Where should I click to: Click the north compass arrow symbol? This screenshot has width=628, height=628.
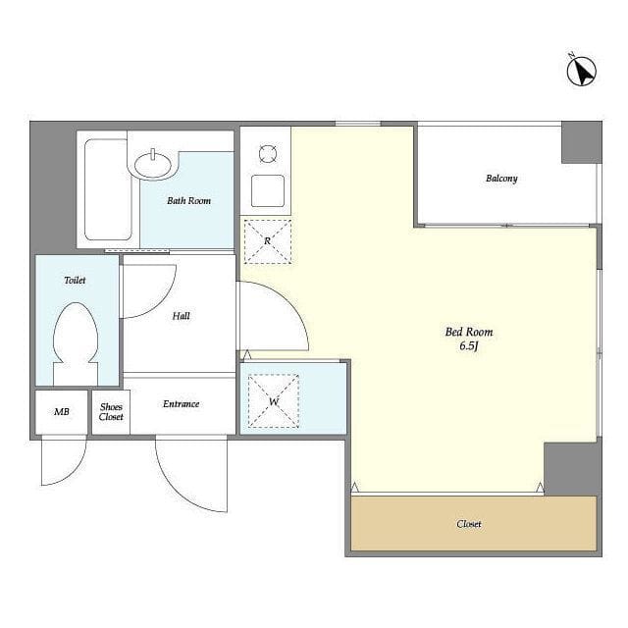(582, 71)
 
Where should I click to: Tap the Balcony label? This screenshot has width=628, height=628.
(501, 179)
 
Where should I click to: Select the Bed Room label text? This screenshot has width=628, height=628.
(469, 332)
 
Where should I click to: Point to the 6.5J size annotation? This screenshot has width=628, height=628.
(469, 346)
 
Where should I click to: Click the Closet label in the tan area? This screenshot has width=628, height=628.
(469, 524)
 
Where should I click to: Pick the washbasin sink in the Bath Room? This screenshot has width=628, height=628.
(153, 165)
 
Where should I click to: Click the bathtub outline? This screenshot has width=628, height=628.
(108, 189)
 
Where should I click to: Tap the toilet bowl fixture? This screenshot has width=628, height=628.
(76, 343)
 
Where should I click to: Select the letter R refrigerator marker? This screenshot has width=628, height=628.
(267, 241)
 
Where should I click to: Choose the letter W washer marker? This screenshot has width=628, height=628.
(274, 401)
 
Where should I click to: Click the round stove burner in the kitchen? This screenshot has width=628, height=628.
(267, 154)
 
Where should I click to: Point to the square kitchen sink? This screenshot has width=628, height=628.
(268, 190)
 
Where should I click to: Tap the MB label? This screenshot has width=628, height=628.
(62, 412)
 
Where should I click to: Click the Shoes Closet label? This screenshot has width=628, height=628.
(111, 412)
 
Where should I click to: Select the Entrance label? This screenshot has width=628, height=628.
(181, 403)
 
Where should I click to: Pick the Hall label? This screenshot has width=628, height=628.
(181, 316)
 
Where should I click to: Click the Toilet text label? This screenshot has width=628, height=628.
(75, 280)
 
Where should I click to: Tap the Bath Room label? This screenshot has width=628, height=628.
(188, 200)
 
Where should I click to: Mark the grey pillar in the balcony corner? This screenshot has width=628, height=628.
(582, 142)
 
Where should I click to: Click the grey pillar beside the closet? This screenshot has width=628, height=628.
(573, 469)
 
